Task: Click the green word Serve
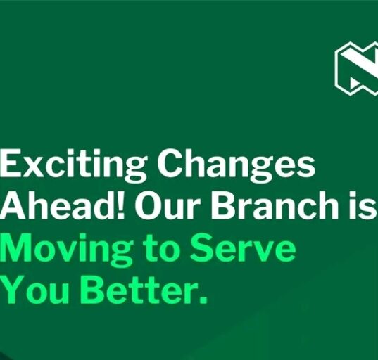tap(243, 247)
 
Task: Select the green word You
tap(34, 290)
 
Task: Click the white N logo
tap(357, 68)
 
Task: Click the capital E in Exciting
tap(11, 163)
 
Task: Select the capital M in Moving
tap(16, 247)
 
